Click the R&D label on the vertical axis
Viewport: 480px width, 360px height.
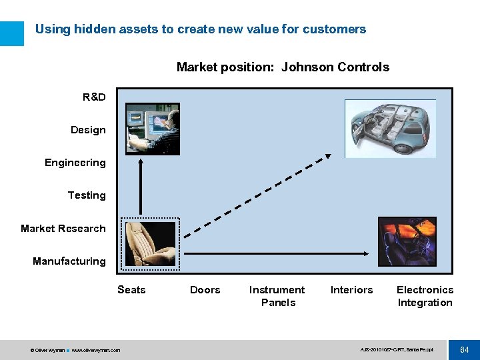(94, 97)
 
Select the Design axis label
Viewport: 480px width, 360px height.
(88, 130)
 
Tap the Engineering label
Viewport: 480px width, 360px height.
(75, 163)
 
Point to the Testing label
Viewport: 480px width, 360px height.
(87, 195)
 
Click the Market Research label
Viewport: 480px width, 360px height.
(63, 229)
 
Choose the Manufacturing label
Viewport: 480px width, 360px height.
(69, 261)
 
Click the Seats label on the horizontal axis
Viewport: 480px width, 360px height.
(131, 290)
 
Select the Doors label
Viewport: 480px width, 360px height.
(205, 290)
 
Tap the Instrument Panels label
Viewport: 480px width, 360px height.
(277, 296)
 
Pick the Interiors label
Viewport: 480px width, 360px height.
(351, 290)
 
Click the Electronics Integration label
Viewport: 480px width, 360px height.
(425, 296)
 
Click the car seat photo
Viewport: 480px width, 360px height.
(150, 245)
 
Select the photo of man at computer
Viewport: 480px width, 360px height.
(153, 129)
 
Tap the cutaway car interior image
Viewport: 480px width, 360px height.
(390, 128)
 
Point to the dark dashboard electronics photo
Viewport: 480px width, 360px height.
(407, 241)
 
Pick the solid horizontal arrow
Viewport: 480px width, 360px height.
(277, 253)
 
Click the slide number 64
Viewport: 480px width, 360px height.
(464, 349)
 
